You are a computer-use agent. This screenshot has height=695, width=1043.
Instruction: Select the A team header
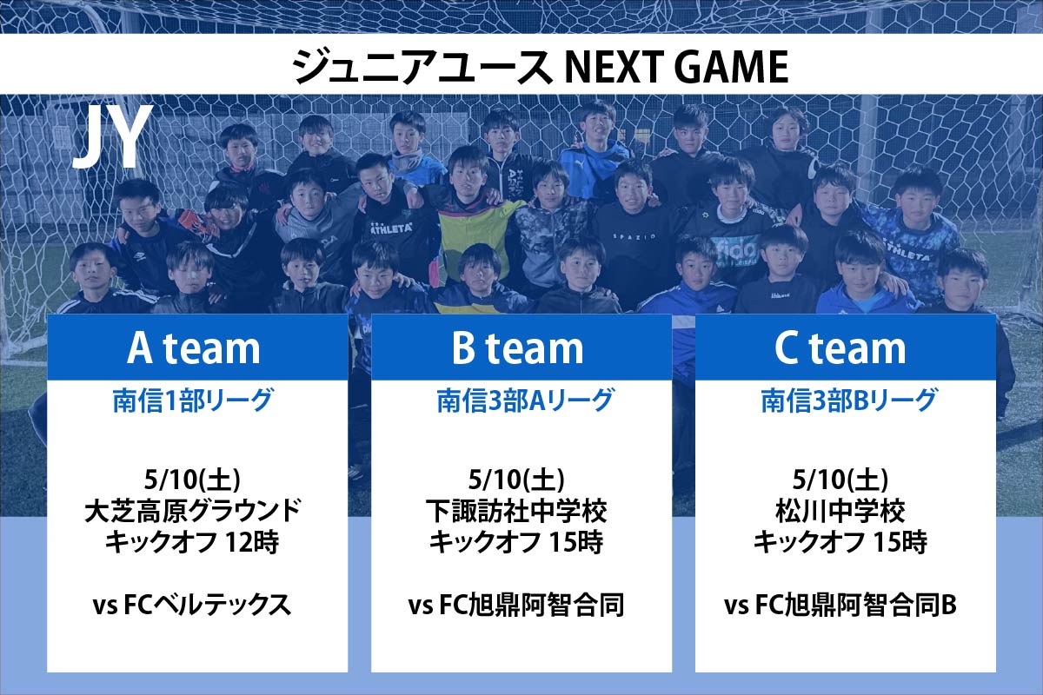pyautogui.click(x=193, y=348)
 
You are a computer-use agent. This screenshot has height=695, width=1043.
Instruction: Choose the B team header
pyautogui.click(x=517, y=348)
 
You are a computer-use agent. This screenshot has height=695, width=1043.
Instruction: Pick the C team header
pyautogui.click(x=840, y=348)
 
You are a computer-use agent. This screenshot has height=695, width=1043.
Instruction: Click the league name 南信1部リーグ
pyautogui.click(x=193, y=400)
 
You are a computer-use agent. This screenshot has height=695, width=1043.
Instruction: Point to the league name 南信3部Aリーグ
pyautogui.click(x=525, y=400)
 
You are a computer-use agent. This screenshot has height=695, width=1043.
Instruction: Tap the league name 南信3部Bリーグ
pyautogui.click(x=849, y=400)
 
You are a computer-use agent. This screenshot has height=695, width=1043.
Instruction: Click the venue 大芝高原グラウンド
pyautogui.click(x=193, y=511)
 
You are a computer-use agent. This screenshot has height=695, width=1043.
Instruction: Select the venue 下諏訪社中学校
pyautogui.click(x=516, y=511)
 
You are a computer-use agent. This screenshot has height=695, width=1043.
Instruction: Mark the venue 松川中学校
pyautogui.click(x=840, y=511)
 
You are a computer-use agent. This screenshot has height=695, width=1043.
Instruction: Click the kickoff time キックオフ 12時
pyautogui.click(x=192, y=542)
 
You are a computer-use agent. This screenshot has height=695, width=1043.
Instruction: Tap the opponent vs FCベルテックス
pyautogui.click(x=192, y=605)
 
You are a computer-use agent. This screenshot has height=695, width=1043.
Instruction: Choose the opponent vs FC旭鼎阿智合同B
pyautogui.click(x=840, y=605)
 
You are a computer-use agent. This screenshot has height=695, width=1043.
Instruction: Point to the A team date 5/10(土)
pyautogui.click(x=192, y=480)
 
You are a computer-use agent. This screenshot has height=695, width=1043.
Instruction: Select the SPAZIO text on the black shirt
pyautogui.click(x=634, y=237)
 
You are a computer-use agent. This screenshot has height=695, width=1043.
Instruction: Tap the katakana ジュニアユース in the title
pyautogui.click(x=422, y=67)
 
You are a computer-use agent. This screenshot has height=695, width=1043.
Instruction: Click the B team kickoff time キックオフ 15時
pyautogui.click(x=516, y=542)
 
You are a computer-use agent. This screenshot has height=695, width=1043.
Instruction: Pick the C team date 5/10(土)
pyautogui.click(x=840, y=480)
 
